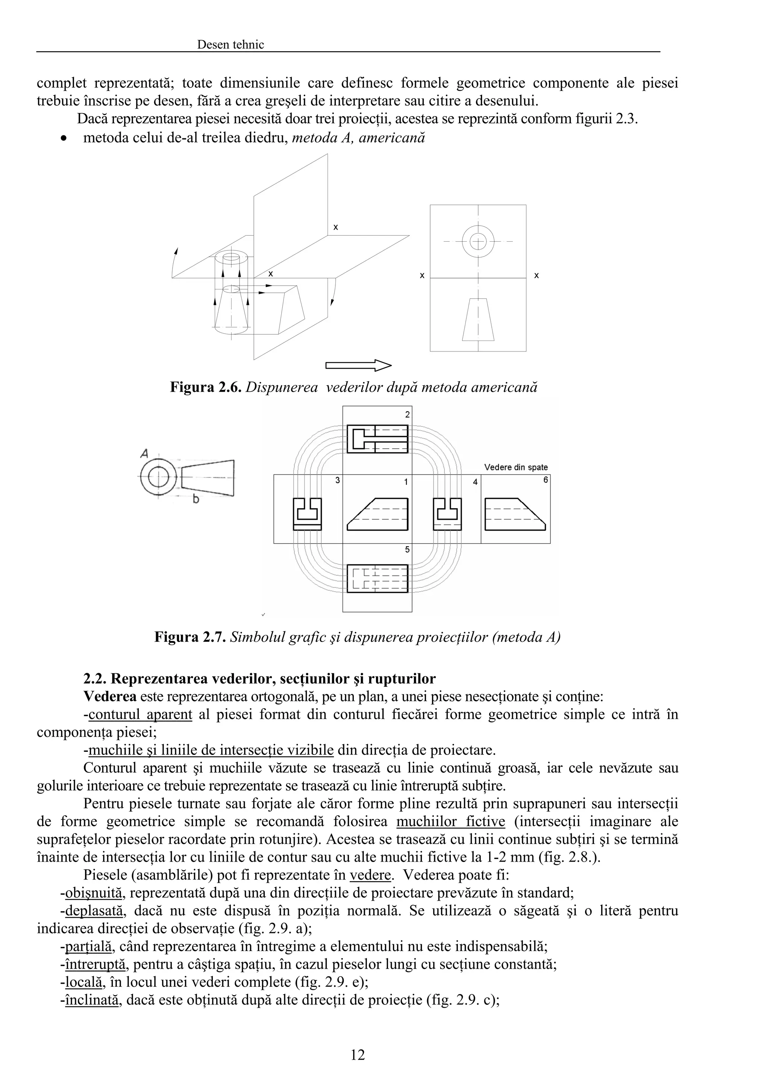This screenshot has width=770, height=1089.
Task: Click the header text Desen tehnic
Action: [230, 45]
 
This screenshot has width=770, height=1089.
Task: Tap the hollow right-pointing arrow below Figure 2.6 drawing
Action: [359, 365]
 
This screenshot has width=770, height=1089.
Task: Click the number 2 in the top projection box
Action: [407, 415]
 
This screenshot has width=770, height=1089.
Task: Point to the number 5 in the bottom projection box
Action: [407, 550]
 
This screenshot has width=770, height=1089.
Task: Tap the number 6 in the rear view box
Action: [546, 480]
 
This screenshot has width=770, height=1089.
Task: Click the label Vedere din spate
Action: [516, 467]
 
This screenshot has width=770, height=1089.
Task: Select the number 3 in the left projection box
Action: [337, 480]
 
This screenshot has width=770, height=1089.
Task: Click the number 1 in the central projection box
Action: [406, 482]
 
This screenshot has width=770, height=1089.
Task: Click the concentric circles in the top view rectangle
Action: [478, 241]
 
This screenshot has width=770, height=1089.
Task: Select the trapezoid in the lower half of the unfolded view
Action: [478, 320]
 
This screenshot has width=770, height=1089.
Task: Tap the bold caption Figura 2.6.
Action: [206, 387]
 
